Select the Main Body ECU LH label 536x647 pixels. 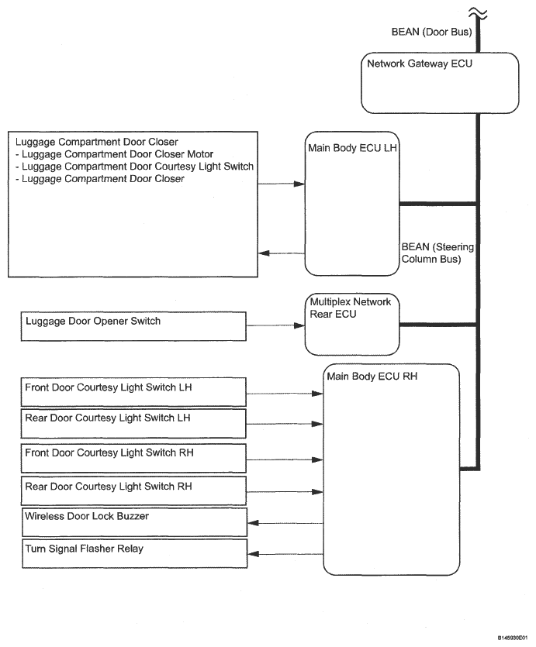coord(352,148)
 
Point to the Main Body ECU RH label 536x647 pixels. coord(372,377)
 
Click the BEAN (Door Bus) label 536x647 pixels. coord(431,33)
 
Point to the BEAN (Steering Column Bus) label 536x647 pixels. coord(437,253)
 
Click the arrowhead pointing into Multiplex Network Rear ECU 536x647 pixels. coord(299,325)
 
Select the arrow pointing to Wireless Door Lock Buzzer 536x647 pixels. coord(285,523)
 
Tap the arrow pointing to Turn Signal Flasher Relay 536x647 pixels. coord(285,554)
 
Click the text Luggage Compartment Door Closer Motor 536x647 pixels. coord(117,154)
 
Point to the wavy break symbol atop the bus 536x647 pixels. coord(478,14)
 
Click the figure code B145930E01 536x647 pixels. coord(513,638)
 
